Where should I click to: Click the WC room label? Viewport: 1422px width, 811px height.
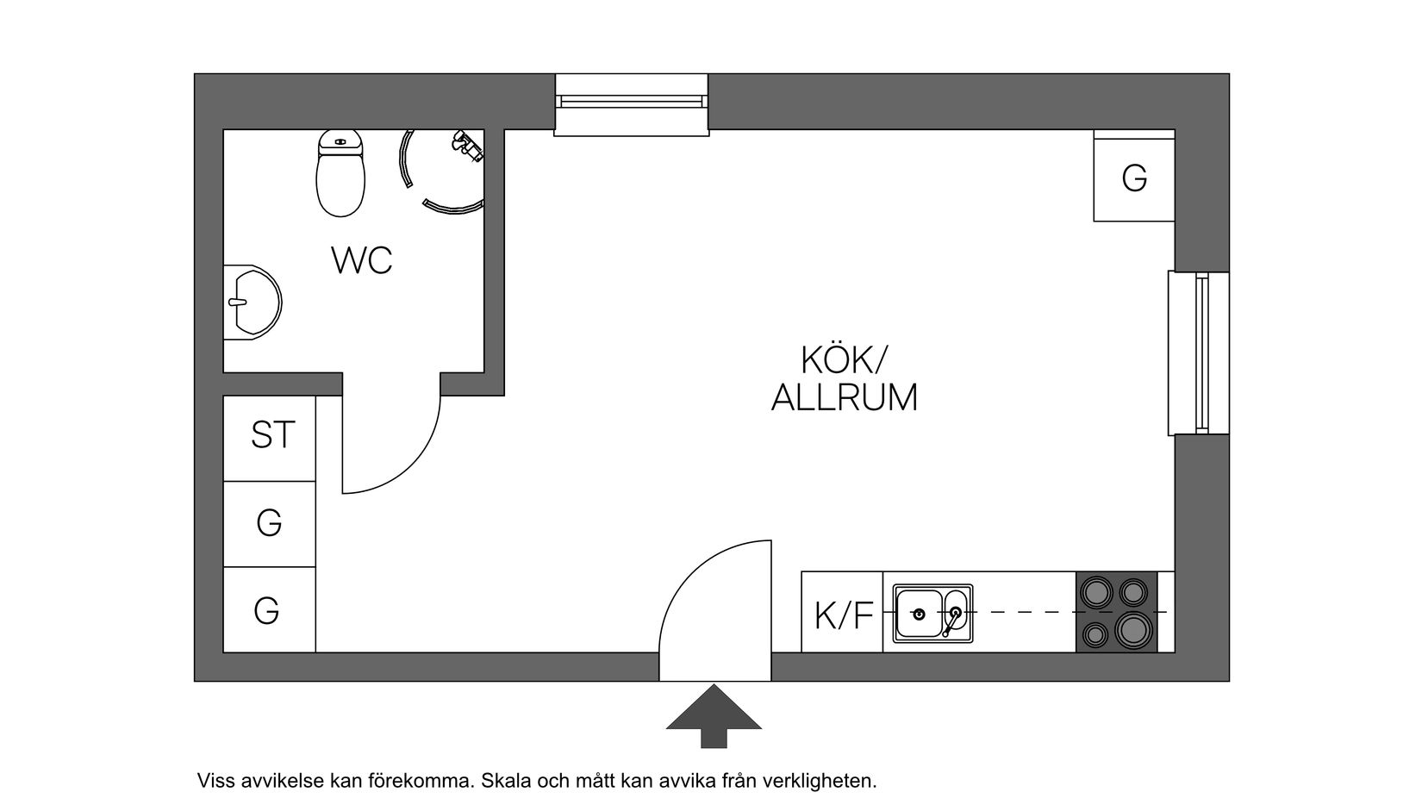[362, 260]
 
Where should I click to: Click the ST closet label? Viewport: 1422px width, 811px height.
[273, 435]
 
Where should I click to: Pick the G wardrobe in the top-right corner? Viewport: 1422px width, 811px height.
[1134, 178]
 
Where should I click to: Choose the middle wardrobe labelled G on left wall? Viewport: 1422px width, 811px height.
[269, 523]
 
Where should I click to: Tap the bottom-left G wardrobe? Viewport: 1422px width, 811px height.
[267, 611]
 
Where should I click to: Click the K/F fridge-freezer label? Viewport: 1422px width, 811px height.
[844, 616]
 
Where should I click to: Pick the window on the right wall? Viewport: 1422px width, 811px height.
[1199, 353]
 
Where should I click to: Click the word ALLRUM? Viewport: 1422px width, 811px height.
[844, 398]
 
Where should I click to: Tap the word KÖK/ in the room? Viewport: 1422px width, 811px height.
[843, 359]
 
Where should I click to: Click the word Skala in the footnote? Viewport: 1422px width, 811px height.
[506, 782]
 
